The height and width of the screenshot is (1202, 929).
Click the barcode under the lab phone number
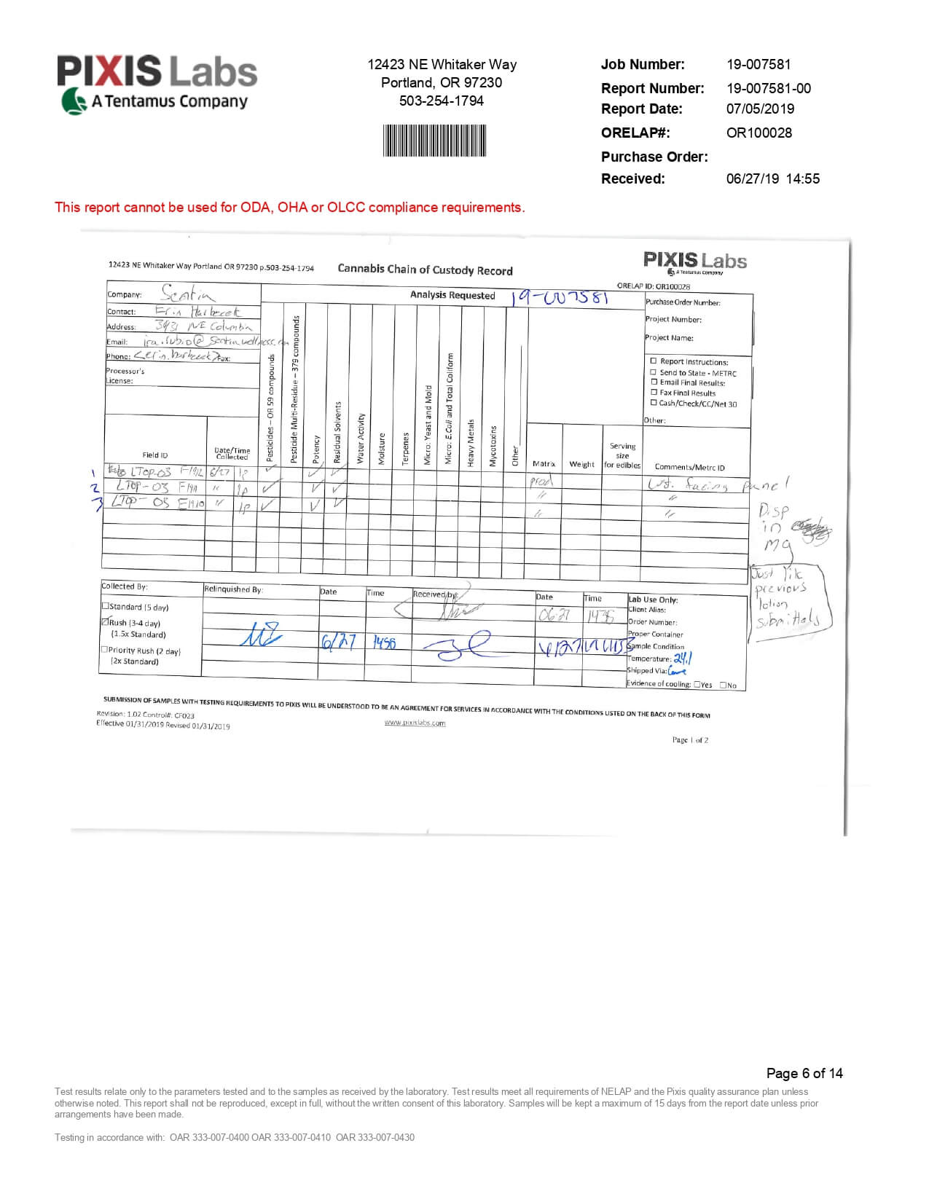pyautogui.click(x=434, y=141)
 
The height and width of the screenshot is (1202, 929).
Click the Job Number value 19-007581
pyautogui.click(x=758, y=64)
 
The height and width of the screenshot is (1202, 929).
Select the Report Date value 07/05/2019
pyautogui.click(x=760, y=109)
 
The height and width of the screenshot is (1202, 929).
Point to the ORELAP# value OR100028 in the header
pyautogui.click(x=759, y=133)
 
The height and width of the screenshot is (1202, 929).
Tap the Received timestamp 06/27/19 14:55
pyautogui.click(x=772, y=178)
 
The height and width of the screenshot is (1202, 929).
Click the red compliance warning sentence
pyautogui.click(x=289, y=208)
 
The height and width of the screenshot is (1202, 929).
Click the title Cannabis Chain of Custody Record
pyautogui.click(x=425, y=270)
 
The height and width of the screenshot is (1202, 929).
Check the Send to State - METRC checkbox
pyautogui.click(x=654, y=372)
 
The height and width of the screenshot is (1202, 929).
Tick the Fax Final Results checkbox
pyautogui.click(x=654, y=393)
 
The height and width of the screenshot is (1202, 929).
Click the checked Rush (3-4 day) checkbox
pyautogui.click(x=105, y=622)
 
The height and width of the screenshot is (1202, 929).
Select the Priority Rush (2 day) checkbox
pyautogui.click(x=104, y=650)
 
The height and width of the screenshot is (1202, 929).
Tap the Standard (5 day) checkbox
pyautogui.click(x=105, y=605)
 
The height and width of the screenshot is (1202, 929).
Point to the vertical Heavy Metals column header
pyautogui.click(x=471, y=442)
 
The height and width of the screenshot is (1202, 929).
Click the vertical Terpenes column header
pyautogui.click(x=406, y=449)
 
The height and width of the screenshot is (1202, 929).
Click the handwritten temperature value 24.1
pyautogui.click(x=683, y=659)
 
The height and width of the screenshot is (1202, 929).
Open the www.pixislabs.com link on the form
pyautogui.click(x=415, y=723)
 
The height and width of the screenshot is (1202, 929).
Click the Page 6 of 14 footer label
pyautogui.click(x=804, y=1073)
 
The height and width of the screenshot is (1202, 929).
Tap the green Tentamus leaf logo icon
pyautogui.click(x=73, y=101)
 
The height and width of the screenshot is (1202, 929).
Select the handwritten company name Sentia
pyautogui.click(x=187, y=294)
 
